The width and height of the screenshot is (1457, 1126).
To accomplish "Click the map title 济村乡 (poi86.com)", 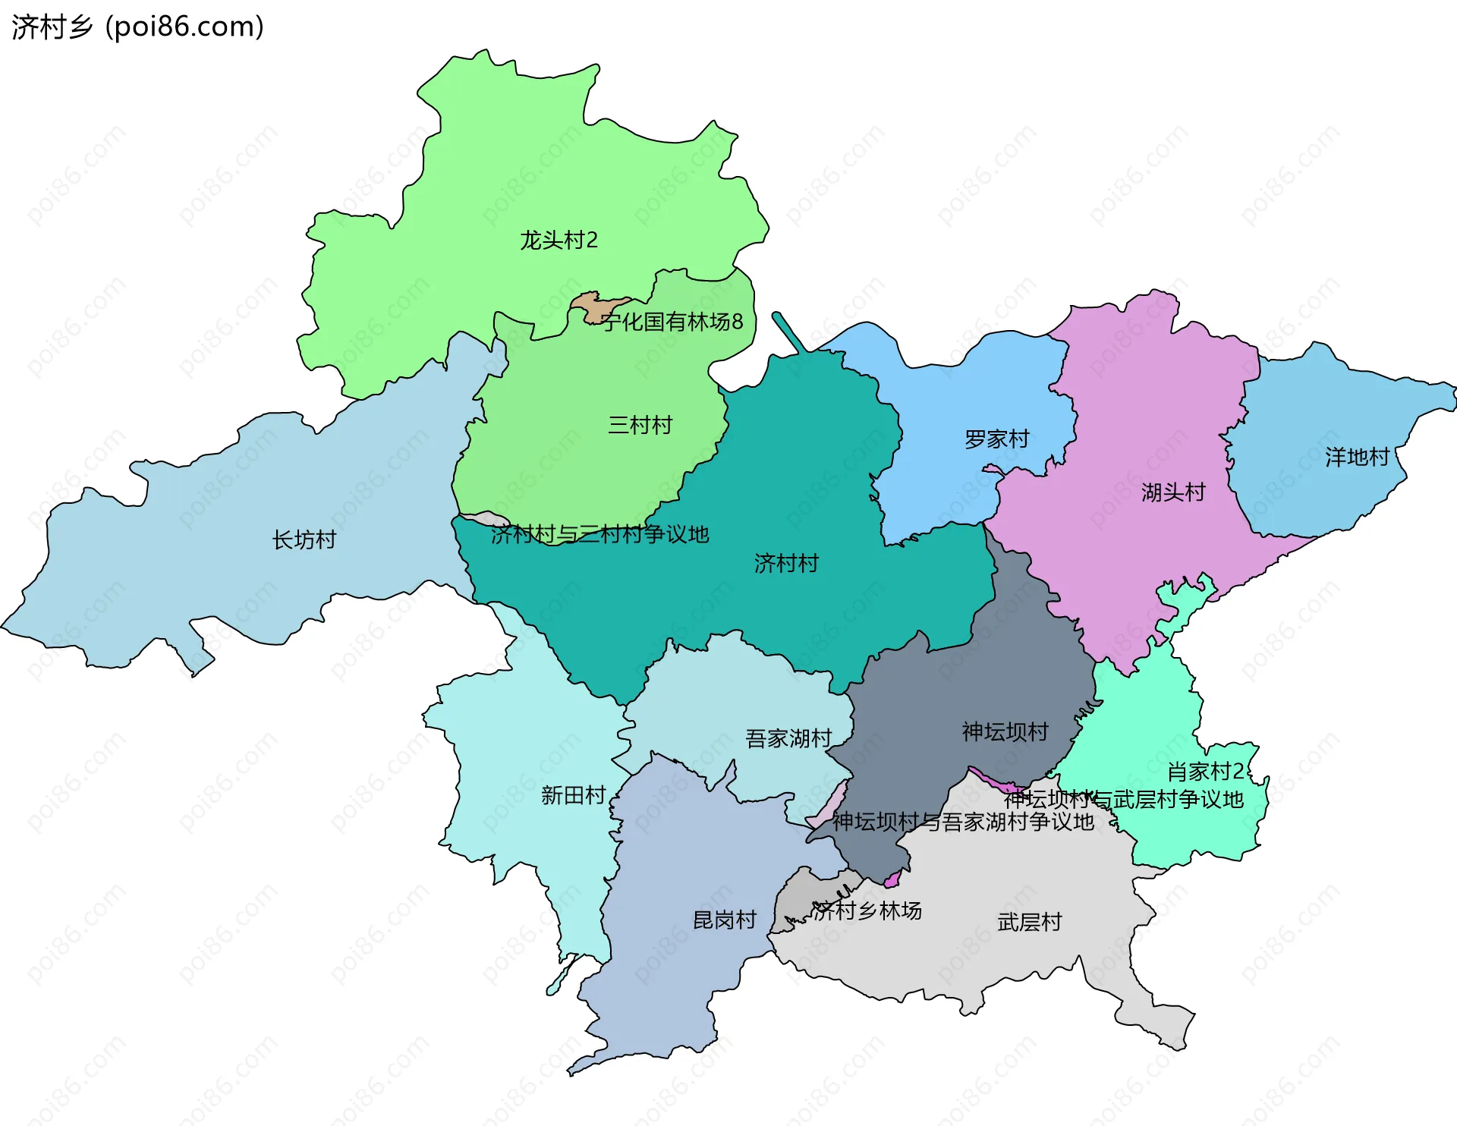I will [137, 27].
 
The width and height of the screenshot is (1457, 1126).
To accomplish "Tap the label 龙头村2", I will [559, 241].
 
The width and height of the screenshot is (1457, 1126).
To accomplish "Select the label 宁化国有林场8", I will [672, 322].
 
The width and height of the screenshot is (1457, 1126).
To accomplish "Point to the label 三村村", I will [640, 425].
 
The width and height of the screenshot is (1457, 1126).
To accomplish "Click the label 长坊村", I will [304, 540].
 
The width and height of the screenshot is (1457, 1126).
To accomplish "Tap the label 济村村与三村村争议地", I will [599, 534].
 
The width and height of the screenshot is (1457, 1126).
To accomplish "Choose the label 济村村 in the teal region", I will [786, 563].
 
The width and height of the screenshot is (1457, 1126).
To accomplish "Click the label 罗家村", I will [996, 439].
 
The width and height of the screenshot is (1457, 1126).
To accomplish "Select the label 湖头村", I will [1172, 492].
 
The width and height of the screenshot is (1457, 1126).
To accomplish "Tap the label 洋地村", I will [1357, 457].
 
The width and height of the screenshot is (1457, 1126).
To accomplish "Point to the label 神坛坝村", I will [1005, 731].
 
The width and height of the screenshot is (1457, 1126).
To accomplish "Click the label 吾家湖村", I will [788, 738].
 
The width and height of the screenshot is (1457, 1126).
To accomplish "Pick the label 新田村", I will [573, 795].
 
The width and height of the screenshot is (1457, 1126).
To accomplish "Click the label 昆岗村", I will [725, 920].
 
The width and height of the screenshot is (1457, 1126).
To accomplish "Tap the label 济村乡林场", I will [867, 911].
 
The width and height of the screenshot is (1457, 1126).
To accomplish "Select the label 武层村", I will [1029, 922].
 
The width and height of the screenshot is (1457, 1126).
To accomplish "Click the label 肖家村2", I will [1205, 772].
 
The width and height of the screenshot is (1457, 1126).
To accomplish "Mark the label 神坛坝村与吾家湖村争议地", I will [963, 822].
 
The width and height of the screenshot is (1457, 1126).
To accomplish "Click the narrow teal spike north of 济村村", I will [788, 331].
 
